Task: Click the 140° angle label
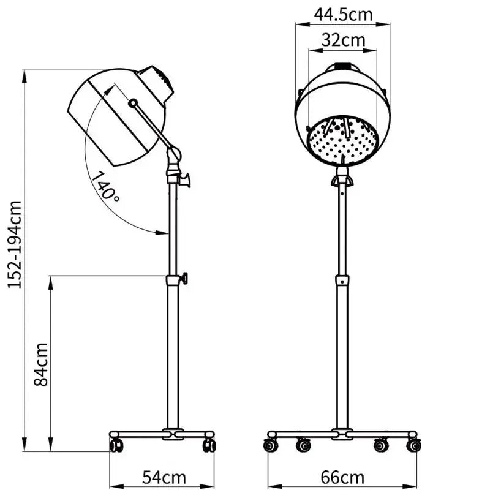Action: pyautogui.click(x=106, y=186)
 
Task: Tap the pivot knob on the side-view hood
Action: pyautogui.click(x=133, y=104)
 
